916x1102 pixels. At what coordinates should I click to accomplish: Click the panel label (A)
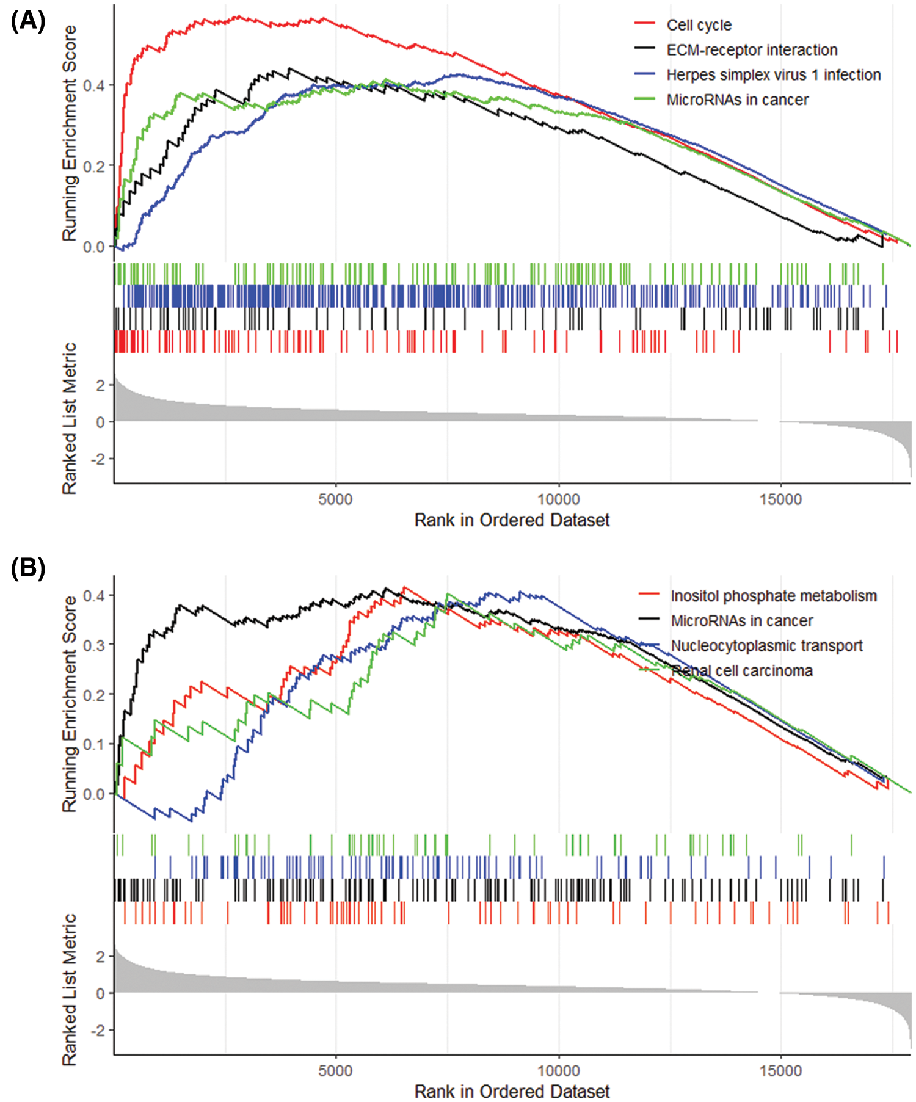(28, 21)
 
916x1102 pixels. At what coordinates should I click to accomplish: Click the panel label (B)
(28, 568)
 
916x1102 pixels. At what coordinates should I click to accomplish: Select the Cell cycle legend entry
(699, 25)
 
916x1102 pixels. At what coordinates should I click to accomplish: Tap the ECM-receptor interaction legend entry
(752, 50)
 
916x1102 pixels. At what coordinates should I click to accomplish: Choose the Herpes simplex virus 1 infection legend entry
(773, 75)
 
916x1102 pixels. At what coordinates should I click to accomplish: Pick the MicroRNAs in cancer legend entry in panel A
(737, 100)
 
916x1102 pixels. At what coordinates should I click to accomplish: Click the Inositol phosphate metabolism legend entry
(773, 596)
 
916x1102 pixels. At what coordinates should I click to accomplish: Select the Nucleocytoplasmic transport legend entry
(766, 646)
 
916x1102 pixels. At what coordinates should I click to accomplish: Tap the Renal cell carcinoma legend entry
(741, 671)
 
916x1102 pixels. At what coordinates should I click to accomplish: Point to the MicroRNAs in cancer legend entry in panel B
(741, 621)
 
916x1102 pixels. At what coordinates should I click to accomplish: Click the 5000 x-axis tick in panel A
(335, 499)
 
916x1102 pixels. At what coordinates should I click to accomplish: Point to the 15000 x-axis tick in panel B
(780, 1071)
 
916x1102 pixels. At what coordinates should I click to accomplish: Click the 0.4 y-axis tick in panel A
(94, 85)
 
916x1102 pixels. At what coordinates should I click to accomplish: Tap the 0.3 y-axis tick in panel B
(94, 645)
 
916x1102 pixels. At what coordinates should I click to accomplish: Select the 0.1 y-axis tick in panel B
(94, 744)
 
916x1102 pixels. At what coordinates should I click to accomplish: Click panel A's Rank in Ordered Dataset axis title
(512, 520)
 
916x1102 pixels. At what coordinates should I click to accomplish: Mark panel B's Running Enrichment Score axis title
(70, 703)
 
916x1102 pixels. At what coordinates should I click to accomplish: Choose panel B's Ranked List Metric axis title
(70, 989)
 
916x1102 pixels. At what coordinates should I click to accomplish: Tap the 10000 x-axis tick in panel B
(558, 1071)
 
